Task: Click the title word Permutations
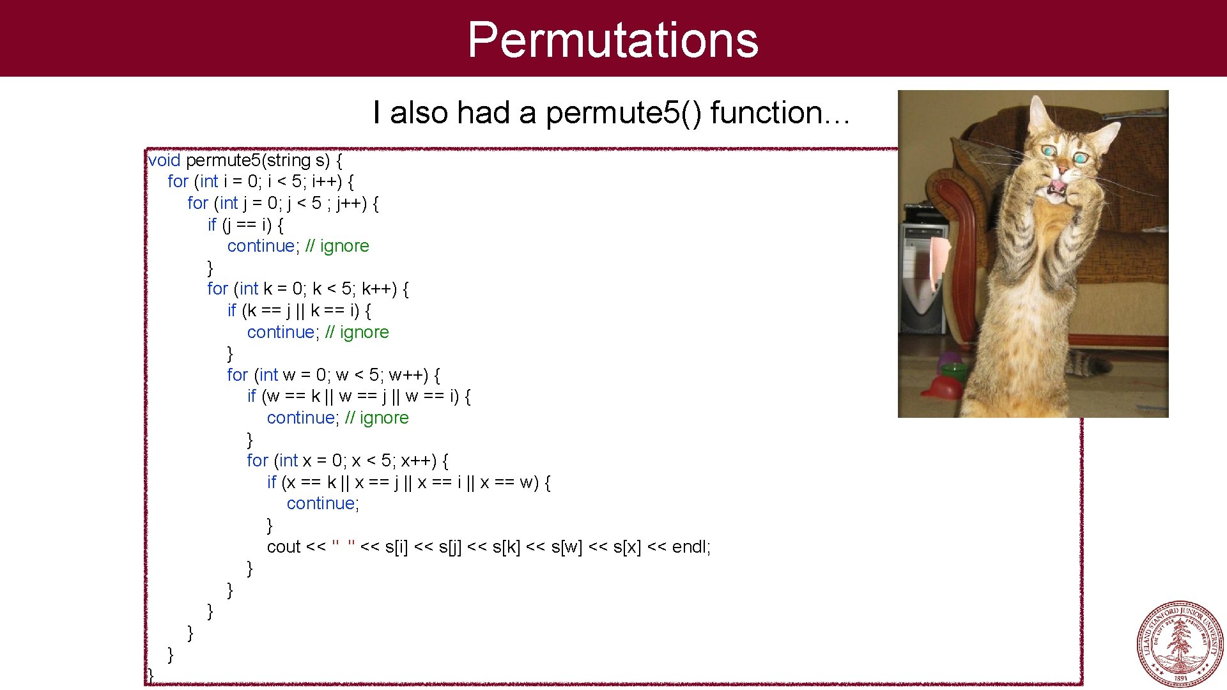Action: (613, 40)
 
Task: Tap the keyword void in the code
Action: (164, 160)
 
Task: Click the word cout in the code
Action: (284, 547)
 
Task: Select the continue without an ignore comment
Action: (321, 504)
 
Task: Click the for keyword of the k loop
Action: (217, 289)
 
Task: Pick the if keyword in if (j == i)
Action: (212, 225)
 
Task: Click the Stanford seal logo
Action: (1180, 643)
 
